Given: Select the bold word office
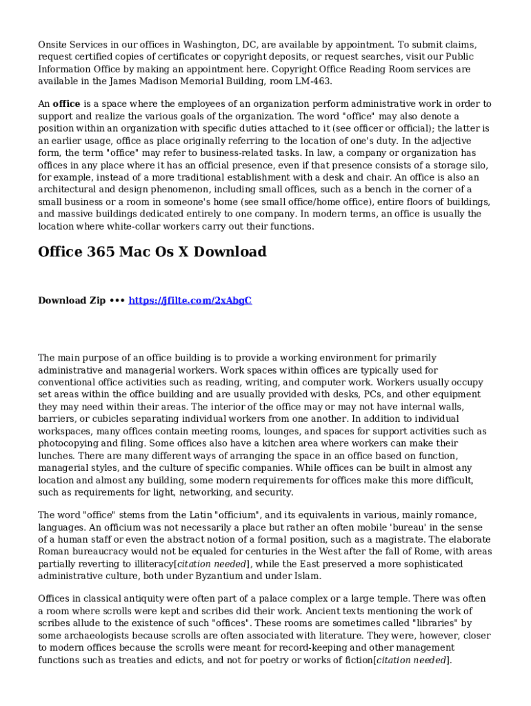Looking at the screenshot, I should [67, 104].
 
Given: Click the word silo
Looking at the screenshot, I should [478, 165].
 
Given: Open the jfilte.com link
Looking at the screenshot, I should [190, 301].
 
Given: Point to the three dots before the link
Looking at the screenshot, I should [117, 301].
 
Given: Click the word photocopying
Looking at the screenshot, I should [71, 444].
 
